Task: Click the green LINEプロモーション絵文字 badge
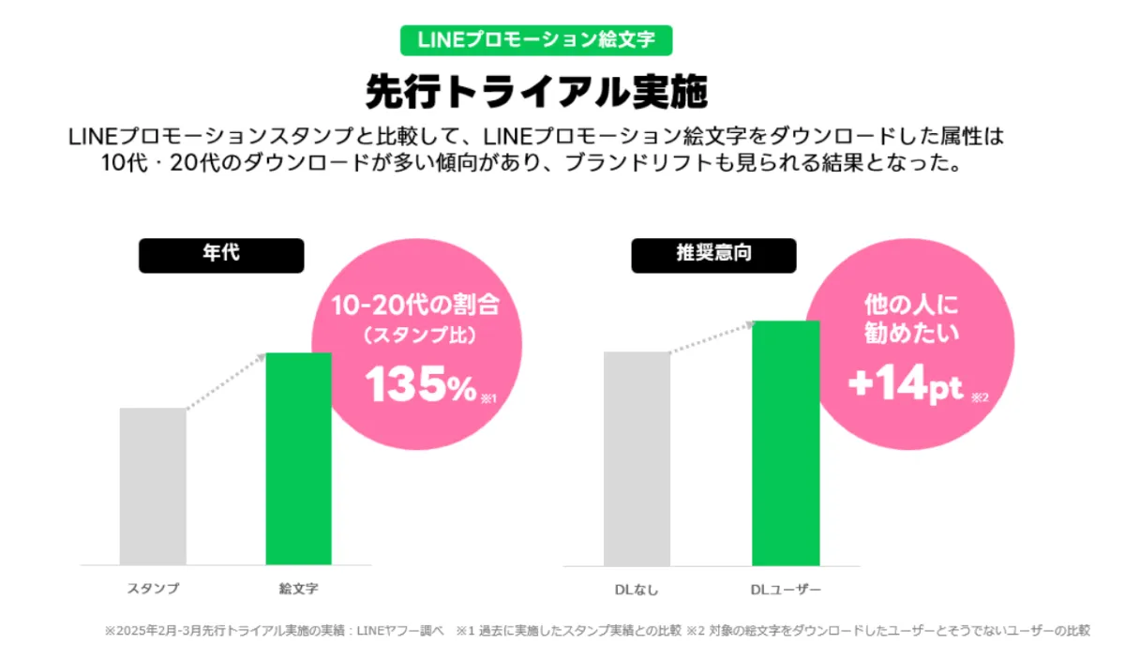pyautogui.click(x=536, y=39)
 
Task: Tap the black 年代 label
pyautogui.click(x=221, y=255)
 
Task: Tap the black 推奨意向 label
pyautogui.click(x=713, y=255)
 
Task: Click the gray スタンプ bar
pyautogui.click(x=153, y=486)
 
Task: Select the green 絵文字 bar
pyautogui.click(x=299, y=458)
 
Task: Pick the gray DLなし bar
pyautogui.click(x=637, y=458)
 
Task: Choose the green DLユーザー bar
pyautogui.click(x=786, y=442)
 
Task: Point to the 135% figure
pyautogui.click(x=421, y=385)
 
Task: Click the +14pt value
pyautogui.click(x=906, y=386)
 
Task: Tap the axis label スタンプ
pyautogui.click(x=153, y=590)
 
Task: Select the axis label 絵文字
pyautogui.click(x=299, y=590)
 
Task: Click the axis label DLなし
pyautogui.click(x=637, y=590)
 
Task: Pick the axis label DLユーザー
pyautogui.click(x=786, y=590)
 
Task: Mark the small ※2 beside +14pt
pyautogui.click(x=980, y=398)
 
